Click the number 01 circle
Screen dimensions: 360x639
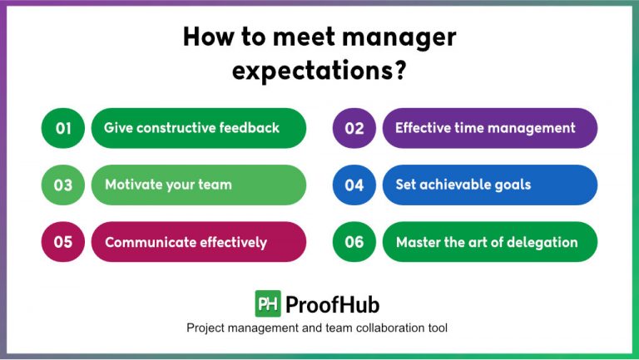point(63,128)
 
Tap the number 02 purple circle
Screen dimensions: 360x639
point(354,128)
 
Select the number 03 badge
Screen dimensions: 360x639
point(63,185)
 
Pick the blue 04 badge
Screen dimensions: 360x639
point(354,185)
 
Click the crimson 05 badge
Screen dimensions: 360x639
point(63,242)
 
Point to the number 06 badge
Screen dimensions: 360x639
point(354,242)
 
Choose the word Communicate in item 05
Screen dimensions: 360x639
point(148,243)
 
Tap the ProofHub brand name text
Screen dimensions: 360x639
point(332,304)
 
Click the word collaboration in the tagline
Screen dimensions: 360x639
point(376,328)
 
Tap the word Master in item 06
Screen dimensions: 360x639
point(419,243)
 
